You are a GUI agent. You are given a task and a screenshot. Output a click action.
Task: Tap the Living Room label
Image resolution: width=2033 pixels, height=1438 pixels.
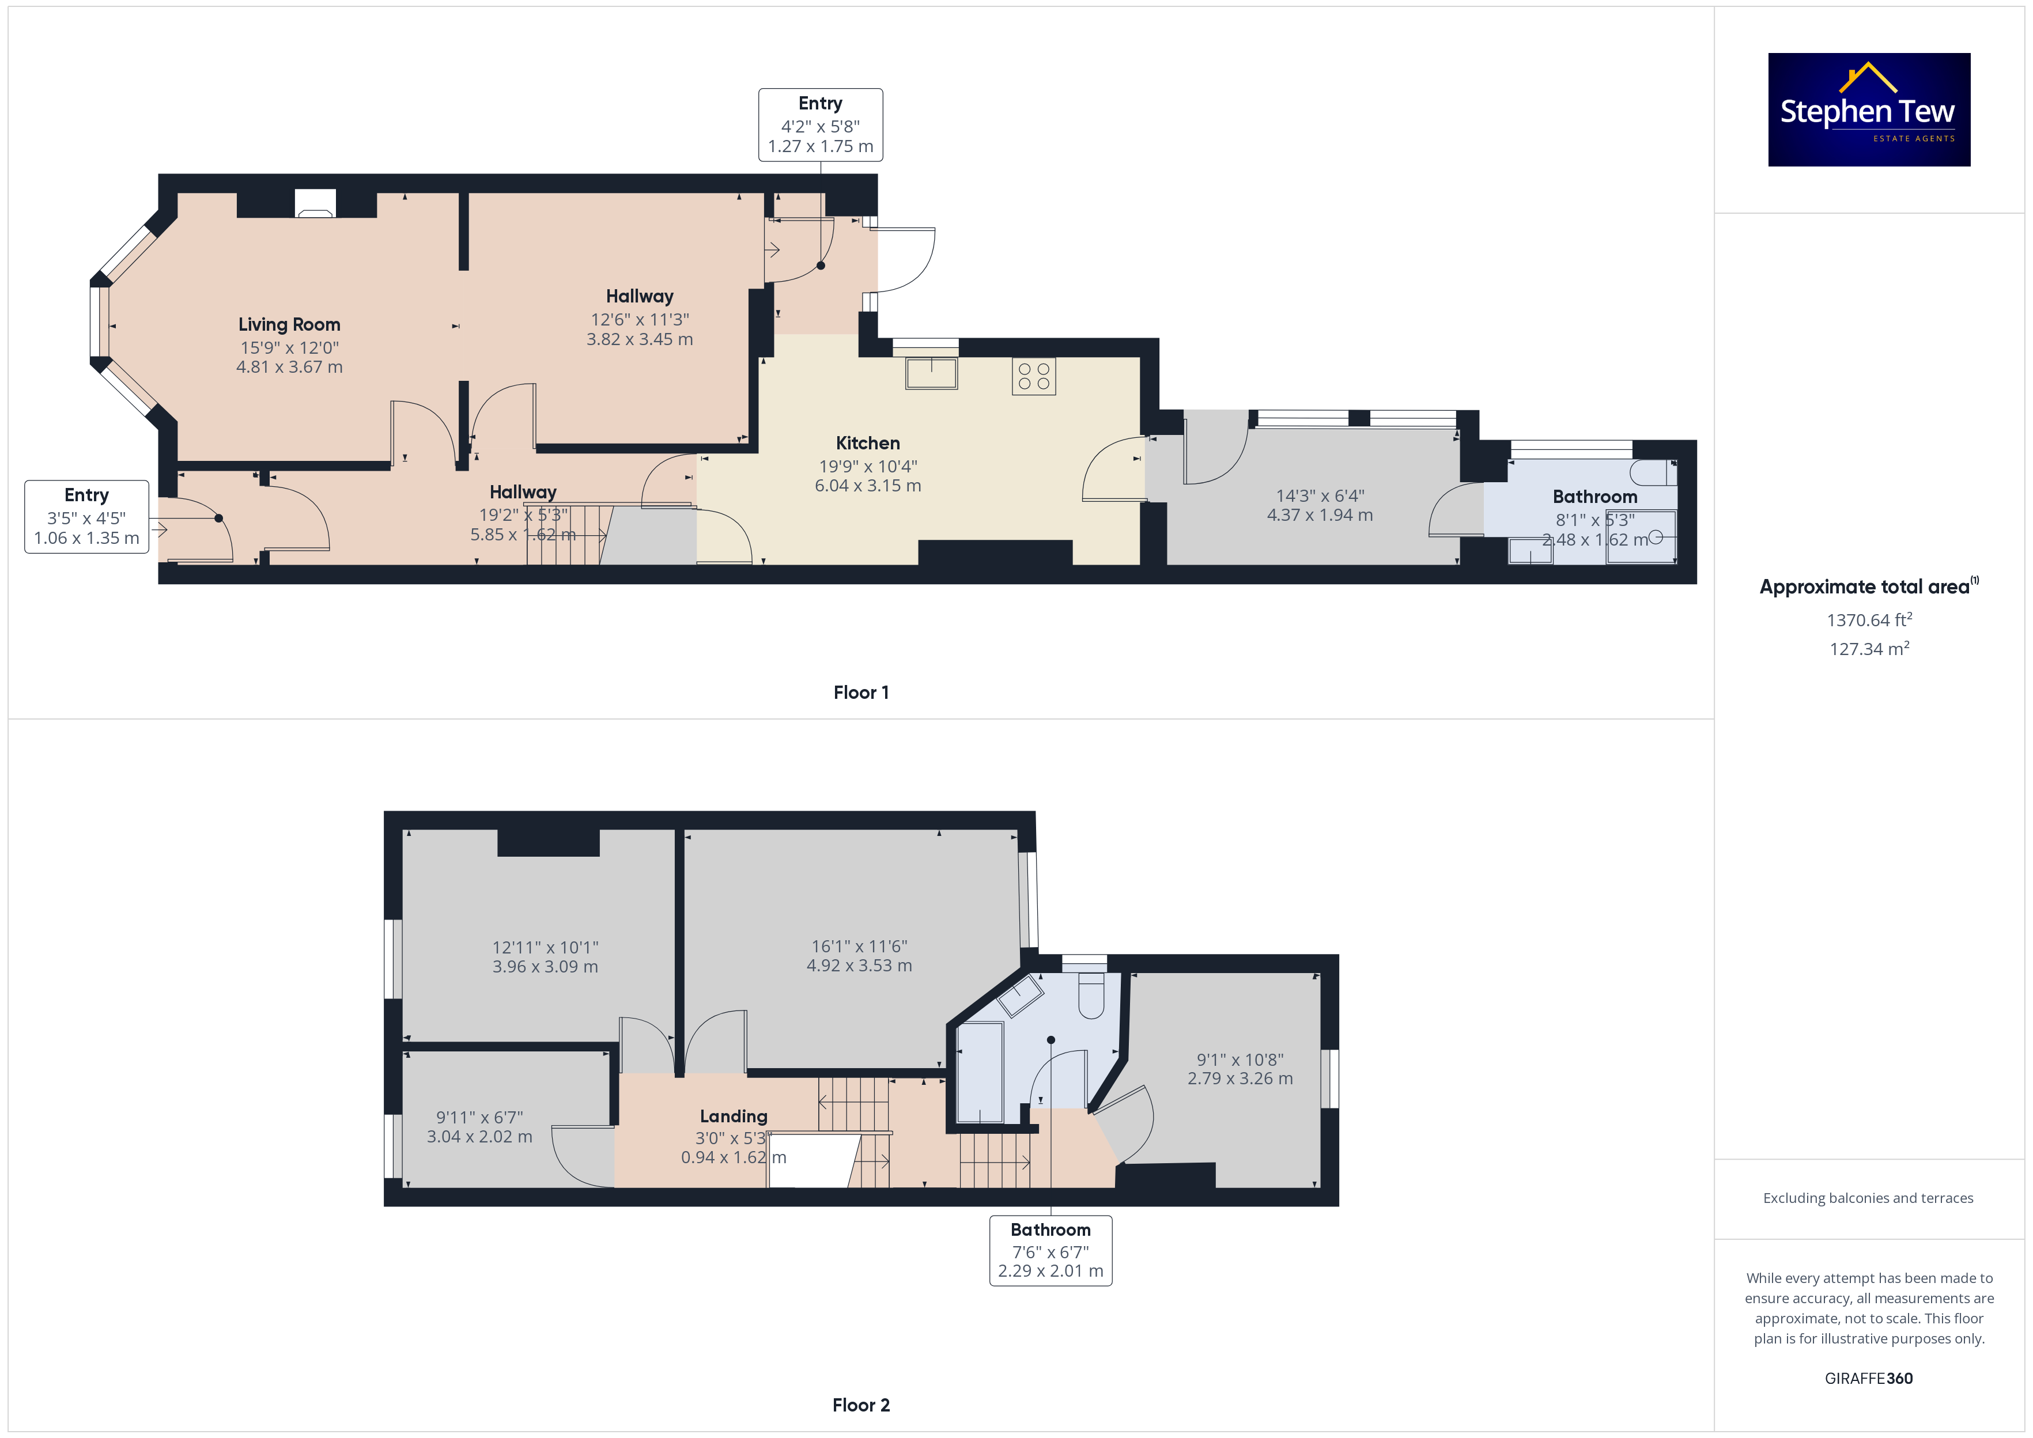coord(289,325)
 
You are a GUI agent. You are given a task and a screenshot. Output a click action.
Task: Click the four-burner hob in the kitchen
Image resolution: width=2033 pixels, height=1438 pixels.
coord(1033,376)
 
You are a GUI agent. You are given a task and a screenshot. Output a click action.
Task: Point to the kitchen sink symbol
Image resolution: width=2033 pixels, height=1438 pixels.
coord(931,373)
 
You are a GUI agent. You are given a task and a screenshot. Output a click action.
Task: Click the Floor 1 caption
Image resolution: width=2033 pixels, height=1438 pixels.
coord(861,692)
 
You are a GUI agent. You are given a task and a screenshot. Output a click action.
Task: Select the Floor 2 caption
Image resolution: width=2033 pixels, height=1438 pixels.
coord(861,1405)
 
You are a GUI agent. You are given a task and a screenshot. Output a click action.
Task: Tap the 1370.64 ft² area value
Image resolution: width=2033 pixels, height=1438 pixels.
coord(1869,620)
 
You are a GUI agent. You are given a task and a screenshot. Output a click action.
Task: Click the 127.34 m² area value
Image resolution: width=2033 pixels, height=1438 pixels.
coord(1869,649)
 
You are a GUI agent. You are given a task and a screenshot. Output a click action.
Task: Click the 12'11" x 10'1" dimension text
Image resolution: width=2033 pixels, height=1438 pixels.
coord(546,948)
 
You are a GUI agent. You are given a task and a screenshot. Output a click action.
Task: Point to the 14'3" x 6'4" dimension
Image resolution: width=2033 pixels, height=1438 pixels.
coord(1320,496)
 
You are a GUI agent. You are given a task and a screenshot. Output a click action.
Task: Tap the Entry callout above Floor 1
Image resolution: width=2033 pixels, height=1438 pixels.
coord(820,125)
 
